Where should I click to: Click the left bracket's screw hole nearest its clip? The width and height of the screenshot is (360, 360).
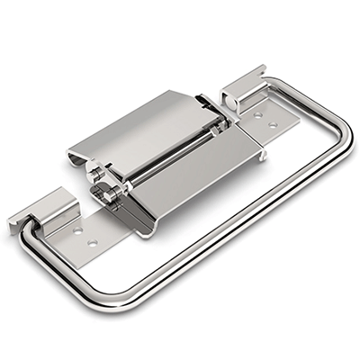point(78,230)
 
